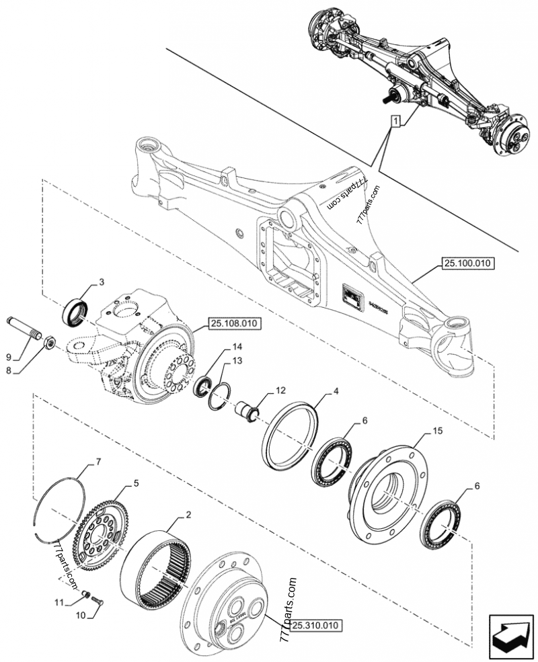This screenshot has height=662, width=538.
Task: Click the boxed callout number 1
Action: pos(397,121)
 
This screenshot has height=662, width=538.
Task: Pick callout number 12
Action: pos(280,390)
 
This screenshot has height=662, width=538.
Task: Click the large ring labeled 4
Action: pos(293,431)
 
